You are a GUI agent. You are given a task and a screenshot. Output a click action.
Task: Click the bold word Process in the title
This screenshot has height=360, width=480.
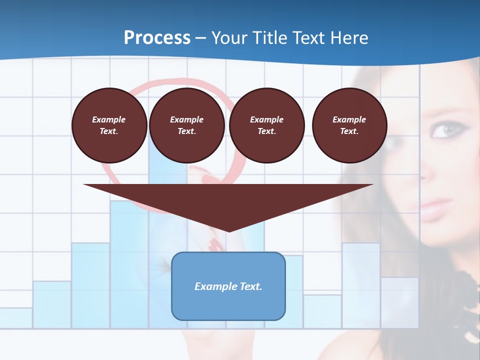tap(157, 38)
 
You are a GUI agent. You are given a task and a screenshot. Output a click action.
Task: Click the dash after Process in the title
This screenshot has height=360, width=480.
tap(201, 38)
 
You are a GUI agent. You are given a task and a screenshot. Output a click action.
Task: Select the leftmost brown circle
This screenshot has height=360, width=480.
tap(109, 125)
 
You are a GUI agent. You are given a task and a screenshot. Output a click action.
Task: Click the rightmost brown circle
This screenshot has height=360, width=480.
tap(349, 125)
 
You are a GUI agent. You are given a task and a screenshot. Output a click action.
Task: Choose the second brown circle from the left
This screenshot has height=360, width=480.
tap(186, 125)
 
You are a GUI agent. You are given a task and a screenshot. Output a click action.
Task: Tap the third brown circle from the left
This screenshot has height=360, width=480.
tap(266, 125)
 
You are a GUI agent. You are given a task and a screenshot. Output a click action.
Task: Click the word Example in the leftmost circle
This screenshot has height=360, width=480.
tap(109, 119)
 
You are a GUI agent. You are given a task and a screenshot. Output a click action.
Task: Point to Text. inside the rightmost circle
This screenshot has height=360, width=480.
tap(349, 131)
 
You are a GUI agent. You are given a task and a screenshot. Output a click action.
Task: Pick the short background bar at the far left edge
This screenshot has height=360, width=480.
tap(16, 318)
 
